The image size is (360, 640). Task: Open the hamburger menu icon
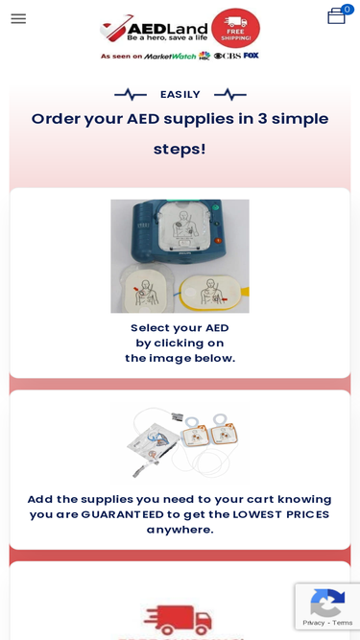pyautogui.click(x=18, y=18)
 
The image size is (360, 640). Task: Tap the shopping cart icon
pyautogui.click(x=337, y=16)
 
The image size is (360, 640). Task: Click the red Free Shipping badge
pyautogui.click(x=235, y=28)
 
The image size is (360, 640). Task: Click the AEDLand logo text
pyautogui.click(x=167, y=28)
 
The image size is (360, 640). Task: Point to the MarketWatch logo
pyautogui.click(x=170, y=56)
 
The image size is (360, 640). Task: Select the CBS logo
pyautogui.click(x=227, y=56)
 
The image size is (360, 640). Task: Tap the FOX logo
pyautogui.click(x=251, y=55)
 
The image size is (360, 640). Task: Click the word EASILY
pyautogui.click(x=180, y=95)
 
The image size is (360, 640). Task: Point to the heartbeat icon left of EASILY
pyautogui.click(x=131, y=95)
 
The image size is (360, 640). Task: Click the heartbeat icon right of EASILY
pyautogui.click(x=230, y=95)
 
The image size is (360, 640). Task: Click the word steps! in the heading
pyautogui.click(x=180, y=150)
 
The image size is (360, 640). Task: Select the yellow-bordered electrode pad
pyautogui.click(x=212, y=293)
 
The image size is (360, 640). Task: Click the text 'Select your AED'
pyautogui.click(x=180, y=328)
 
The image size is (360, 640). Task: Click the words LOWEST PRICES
pyautogui.click(x=281, y=514)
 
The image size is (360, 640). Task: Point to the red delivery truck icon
pyautogui.click(x=178, y=620)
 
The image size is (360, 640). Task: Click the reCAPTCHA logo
pyautogui.click(x=327, y=603)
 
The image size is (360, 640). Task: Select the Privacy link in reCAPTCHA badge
pyautogui.click(x=314, y=623)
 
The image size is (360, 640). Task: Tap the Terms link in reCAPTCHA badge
pyautogui.click(x=342, y=623)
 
